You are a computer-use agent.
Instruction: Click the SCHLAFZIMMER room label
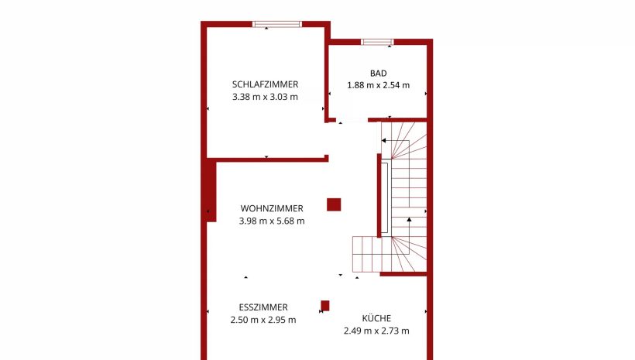(x=266, y=84)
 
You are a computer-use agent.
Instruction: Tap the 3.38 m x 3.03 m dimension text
(x=266, y=97)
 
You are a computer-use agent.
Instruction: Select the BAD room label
(x=378, y=74)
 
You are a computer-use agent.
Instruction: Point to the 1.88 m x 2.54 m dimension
(x=378, y=85)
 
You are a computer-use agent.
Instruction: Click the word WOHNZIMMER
(x=272, y=208)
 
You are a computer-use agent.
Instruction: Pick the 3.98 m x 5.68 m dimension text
(x=272, y=221)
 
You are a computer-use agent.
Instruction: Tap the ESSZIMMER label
(x=263, y=307)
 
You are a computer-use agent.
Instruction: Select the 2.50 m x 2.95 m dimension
(x=263, y=320)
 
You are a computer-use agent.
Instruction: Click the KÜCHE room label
(x=376, y=318)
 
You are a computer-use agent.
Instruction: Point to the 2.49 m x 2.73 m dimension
(x=376, y=331)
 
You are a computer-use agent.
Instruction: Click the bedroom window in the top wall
(x=277, y=24)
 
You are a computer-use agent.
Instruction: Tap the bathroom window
(x=377, y=42)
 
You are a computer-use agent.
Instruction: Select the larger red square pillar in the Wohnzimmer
(x=334, y=204)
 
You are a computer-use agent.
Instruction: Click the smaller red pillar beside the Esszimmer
(x=325, y=306)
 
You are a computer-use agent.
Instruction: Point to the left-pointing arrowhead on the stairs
(x=383, y=141)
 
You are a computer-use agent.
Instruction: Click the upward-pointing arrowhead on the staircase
(x=409, y=219)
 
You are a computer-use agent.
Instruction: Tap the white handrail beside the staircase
(x=385, y=197)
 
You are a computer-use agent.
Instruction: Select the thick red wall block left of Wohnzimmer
(x=211, y=190)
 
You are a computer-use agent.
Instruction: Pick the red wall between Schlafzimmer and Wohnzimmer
(x=268, y=159)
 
